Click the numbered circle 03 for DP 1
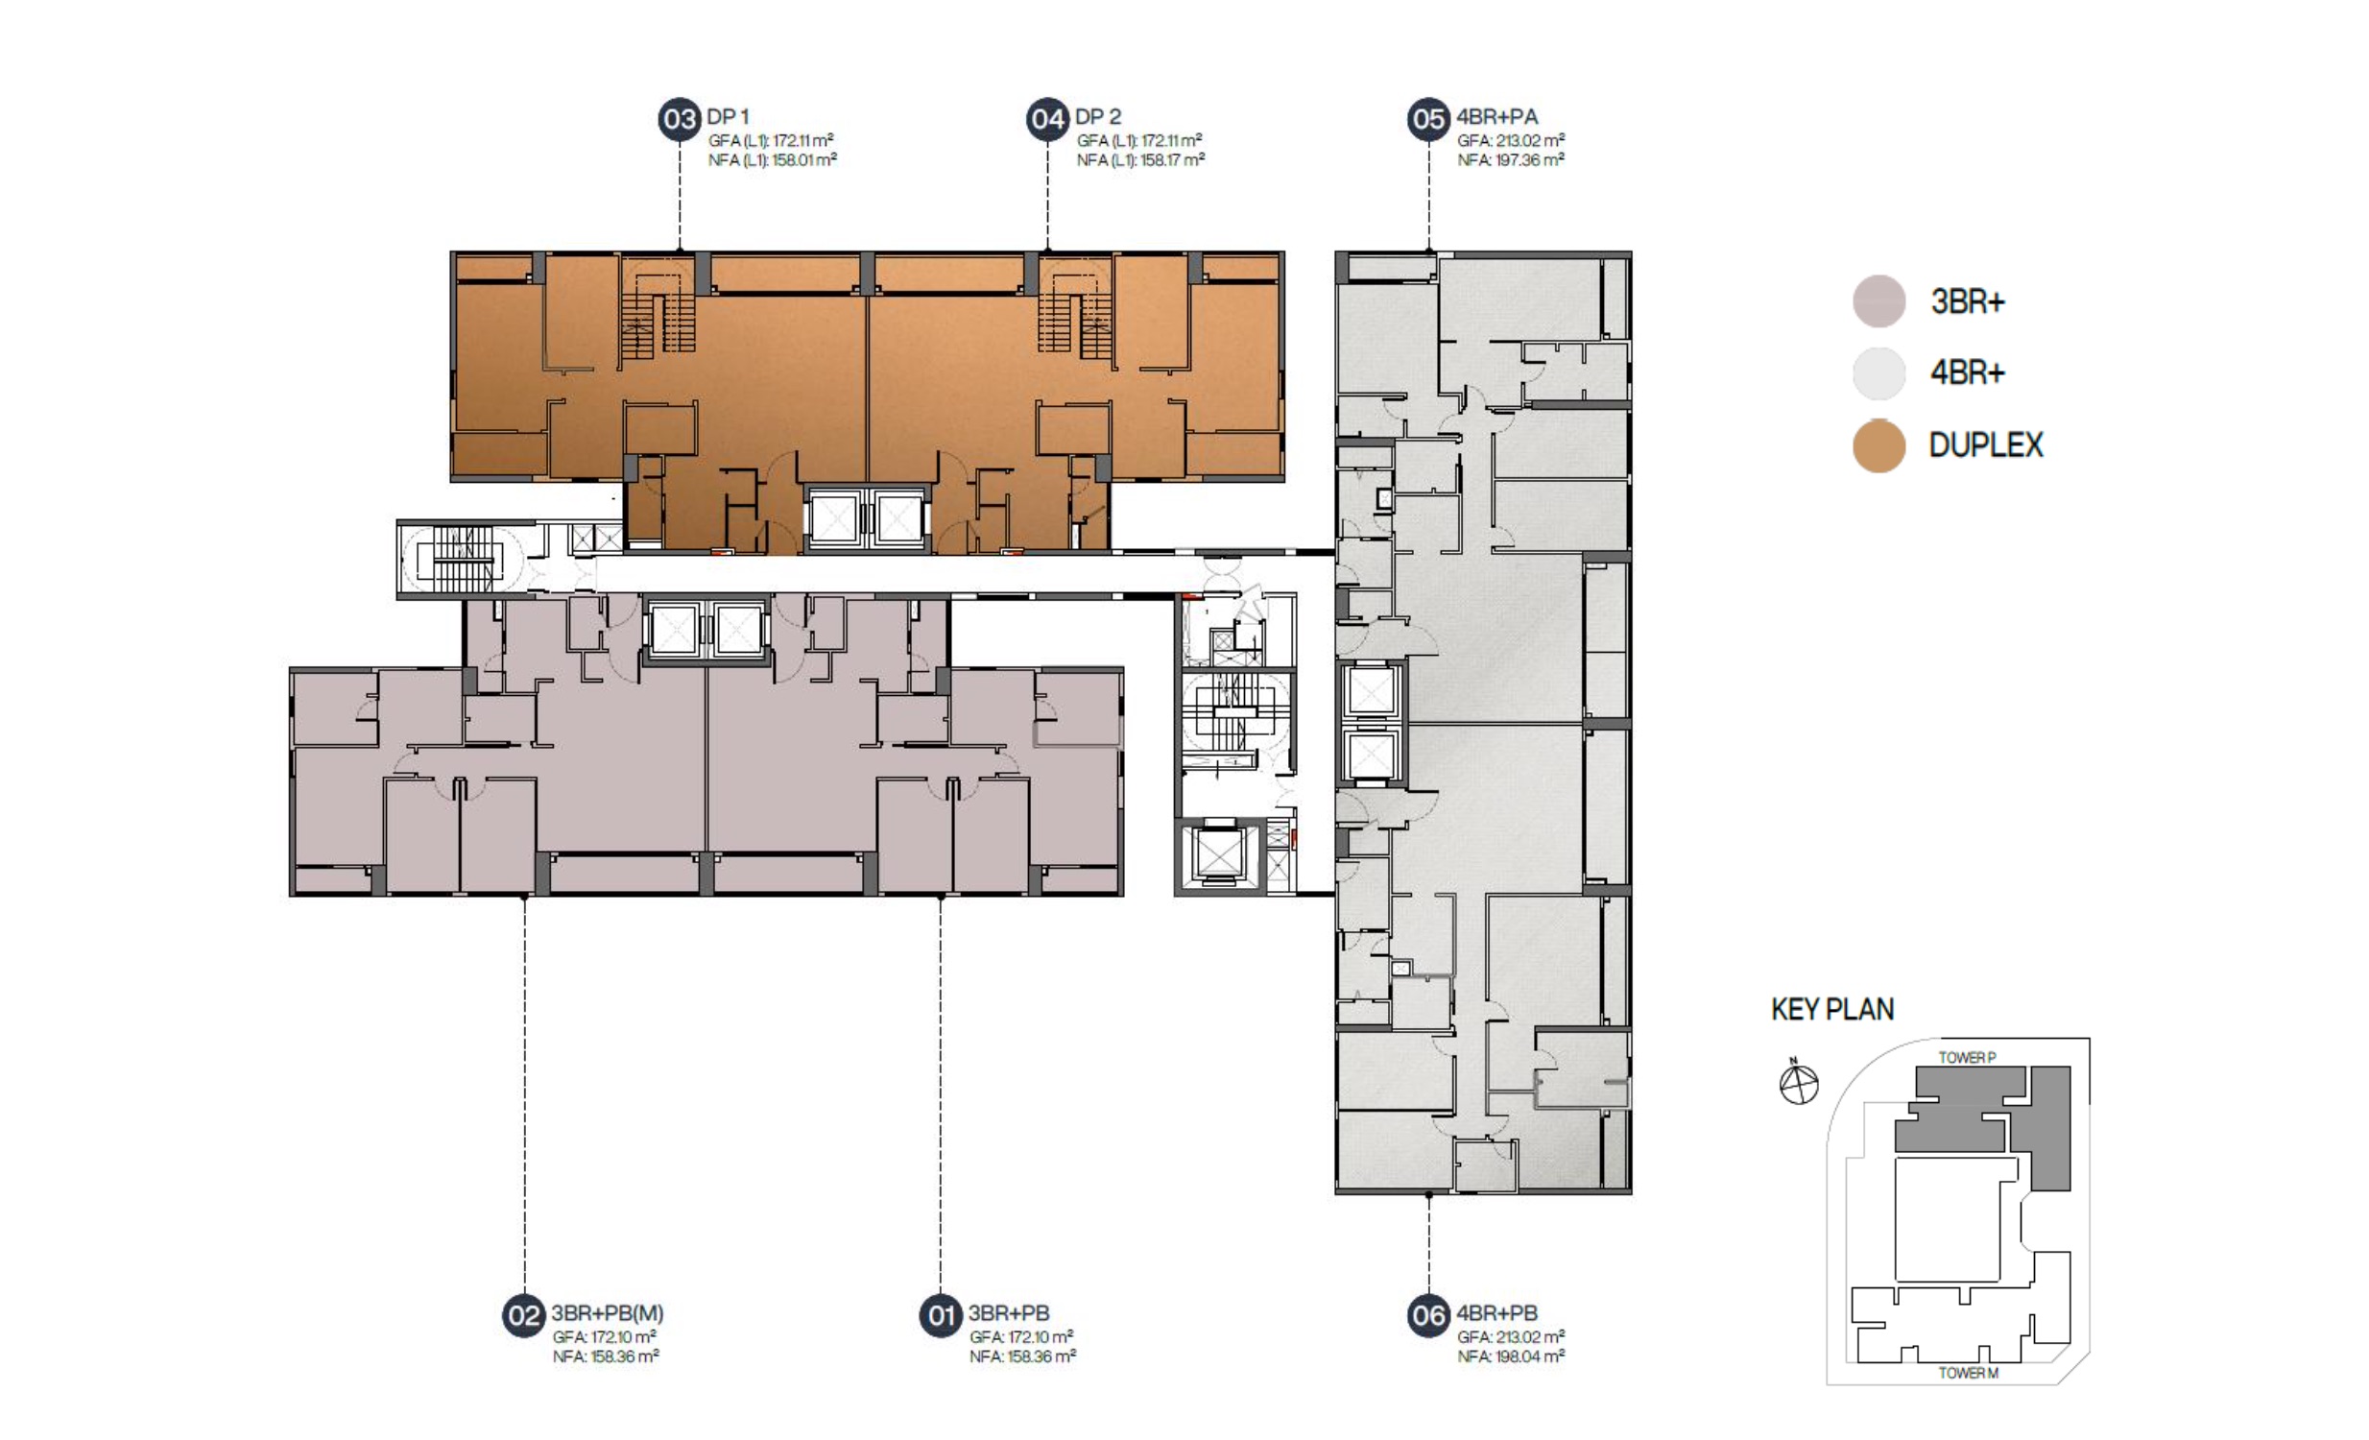(679, 119)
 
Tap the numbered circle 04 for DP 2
(1047, 119)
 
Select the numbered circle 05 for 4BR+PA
(1427, 119)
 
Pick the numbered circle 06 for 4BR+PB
(1427, 1315)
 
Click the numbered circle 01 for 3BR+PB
(941, 1315)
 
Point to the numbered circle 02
(524, 1315)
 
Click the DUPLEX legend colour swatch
(1878, 446)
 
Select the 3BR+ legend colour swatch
(1878, 300)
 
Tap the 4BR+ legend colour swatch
(1878, 373)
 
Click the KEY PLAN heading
(1832, 1009)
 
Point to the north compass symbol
(1798, 1083)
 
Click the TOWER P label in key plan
(1966, 1057)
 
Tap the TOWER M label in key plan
(1968, 1373)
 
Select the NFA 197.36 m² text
(1511, 159)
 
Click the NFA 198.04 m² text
(1511, 1356)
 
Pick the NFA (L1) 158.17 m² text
(1140, 159)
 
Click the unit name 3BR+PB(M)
(607, 1313)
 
